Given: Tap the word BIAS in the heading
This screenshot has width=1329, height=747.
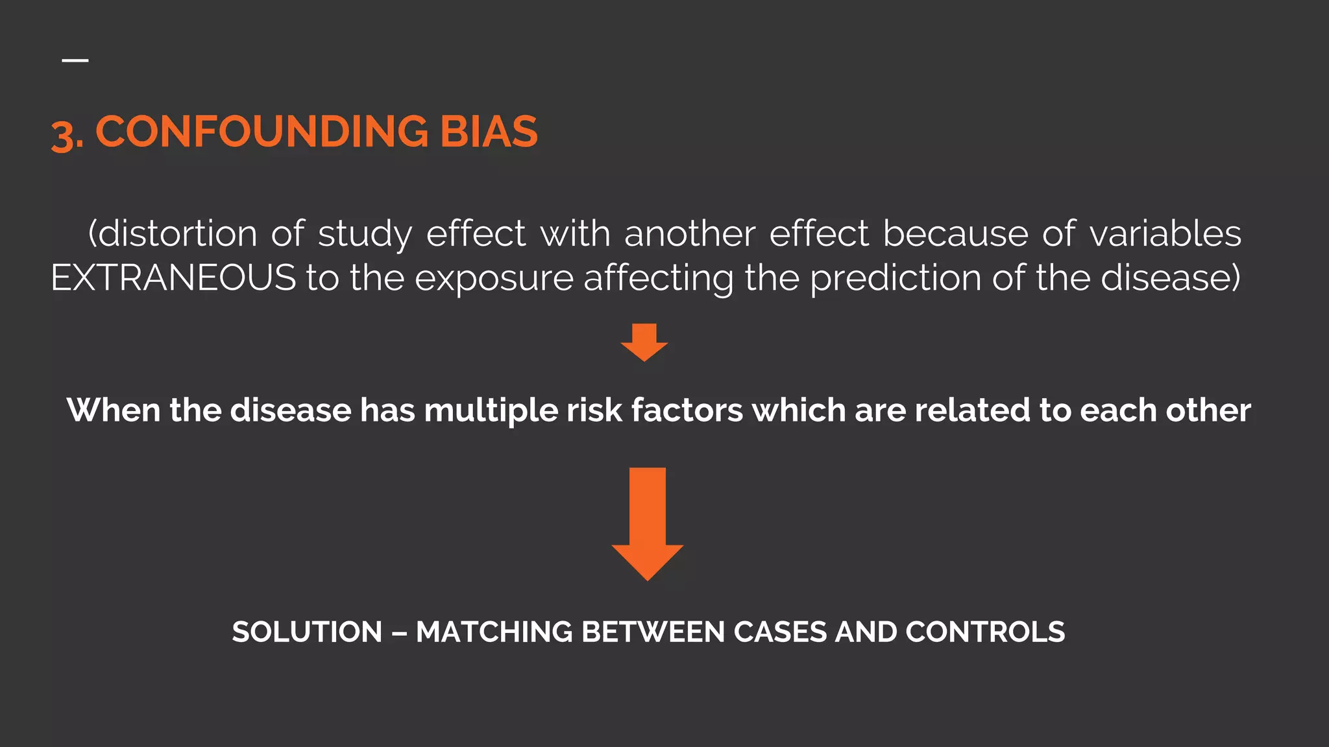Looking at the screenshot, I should click(489, 132).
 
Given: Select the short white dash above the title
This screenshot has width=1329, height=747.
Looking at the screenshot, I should click(75, 60).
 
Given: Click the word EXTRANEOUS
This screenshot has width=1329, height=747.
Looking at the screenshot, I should click(173, 278).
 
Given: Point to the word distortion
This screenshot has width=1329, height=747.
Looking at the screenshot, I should click(177, 234).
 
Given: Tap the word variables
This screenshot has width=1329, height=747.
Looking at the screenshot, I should click(1165, 234).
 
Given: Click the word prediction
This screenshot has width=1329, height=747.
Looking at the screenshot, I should click(896, 278).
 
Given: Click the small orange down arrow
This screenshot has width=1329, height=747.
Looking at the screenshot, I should click(644, 342).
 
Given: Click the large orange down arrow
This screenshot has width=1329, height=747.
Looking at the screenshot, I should click(647, 523).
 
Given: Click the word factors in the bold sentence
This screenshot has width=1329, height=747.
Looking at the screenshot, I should click(687, 410).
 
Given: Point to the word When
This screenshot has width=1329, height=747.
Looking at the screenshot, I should click(114, 410).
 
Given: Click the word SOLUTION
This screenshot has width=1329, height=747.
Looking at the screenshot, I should click(307, 632).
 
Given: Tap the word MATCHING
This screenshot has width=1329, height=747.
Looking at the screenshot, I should click(494, 632).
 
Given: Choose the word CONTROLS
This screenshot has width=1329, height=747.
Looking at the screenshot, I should click(985, 632).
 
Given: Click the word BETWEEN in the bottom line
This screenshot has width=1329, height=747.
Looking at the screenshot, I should click(653, 632).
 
